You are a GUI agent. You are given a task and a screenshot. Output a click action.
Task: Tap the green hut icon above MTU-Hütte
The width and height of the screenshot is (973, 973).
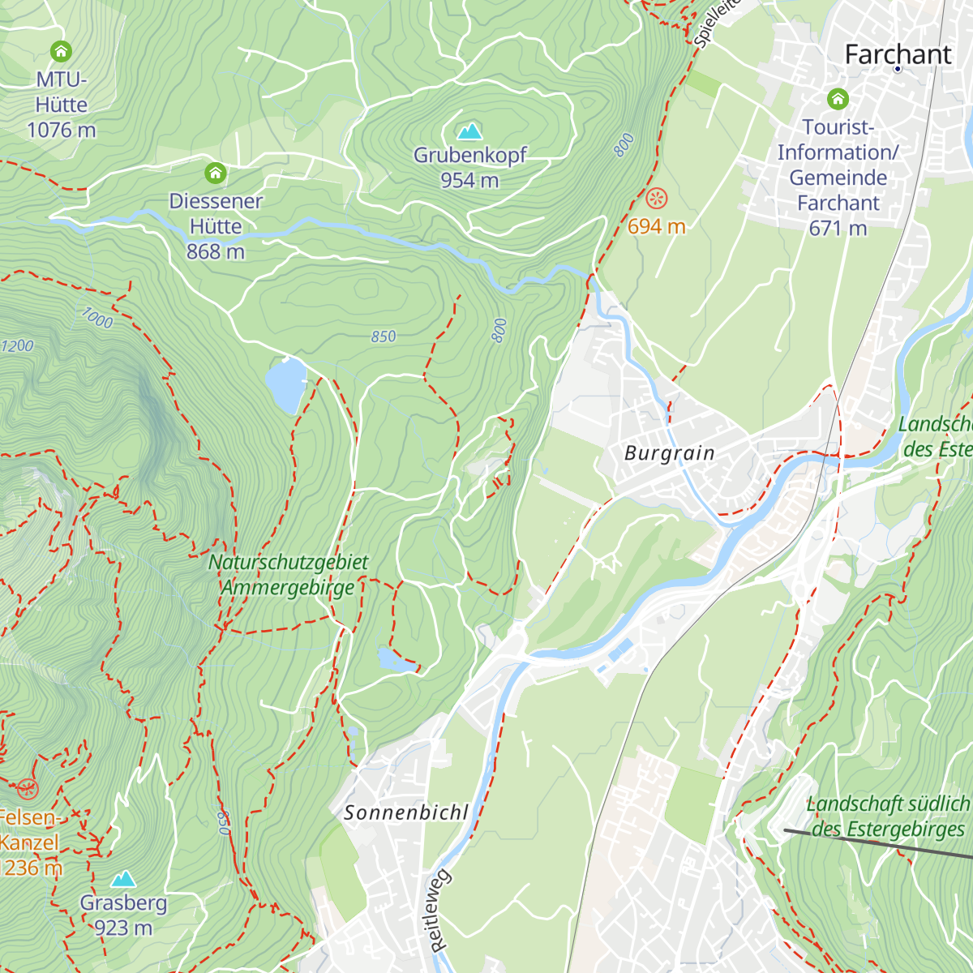click(x=61, y=52)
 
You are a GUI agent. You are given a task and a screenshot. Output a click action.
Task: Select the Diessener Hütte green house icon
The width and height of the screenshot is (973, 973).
click(x=215, y=173)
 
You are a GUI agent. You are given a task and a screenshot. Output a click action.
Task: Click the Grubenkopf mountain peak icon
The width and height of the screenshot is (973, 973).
click(x=469, y=131)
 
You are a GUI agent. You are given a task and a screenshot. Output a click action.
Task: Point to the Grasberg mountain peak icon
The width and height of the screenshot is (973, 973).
click(x=123, y=879)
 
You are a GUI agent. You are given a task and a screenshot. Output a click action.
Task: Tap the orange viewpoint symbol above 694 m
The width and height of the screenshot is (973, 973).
click(x=657, y=197)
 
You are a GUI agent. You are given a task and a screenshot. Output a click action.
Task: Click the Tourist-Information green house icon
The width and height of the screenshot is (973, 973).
click(x=838, y=99)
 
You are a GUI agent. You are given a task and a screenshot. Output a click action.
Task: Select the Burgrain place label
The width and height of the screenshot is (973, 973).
click(x=670, y=453)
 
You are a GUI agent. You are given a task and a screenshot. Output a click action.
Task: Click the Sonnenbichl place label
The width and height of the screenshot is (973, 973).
click(x=406, y=812)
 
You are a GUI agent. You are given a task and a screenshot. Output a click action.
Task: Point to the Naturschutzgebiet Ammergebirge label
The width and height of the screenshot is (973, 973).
click(x=289, y=575)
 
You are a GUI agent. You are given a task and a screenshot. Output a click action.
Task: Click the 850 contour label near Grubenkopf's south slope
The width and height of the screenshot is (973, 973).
click(x=384, y=336)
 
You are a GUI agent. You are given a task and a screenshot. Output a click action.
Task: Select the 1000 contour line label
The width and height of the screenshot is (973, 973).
click(x=96, y=318)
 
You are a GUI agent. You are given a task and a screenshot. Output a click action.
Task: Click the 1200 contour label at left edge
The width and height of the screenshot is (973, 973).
click(x=16, y=346)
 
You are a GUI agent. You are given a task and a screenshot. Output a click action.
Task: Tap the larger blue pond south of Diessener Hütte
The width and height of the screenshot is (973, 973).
click(x=285, y=384)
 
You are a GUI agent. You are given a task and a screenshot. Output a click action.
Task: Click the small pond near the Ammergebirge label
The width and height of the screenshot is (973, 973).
click(x=396, y=660)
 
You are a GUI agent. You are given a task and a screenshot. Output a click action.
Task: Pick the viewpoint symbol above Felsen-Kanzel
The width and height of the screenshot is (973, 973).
click(x=28, y=788)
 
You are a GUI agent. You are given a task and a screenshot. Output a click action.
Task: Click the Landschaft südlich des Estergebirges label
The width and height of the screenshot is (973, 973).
click(x=888, y=817)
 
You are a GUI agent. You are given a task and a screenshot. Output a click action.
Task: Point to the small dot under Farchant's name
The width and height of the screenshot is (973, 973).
click(x=898, y=70)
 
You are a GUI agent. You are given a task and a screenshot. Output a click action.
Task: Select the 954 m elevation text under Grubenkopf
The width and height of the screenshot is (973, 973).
click(x=469, y=180)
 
